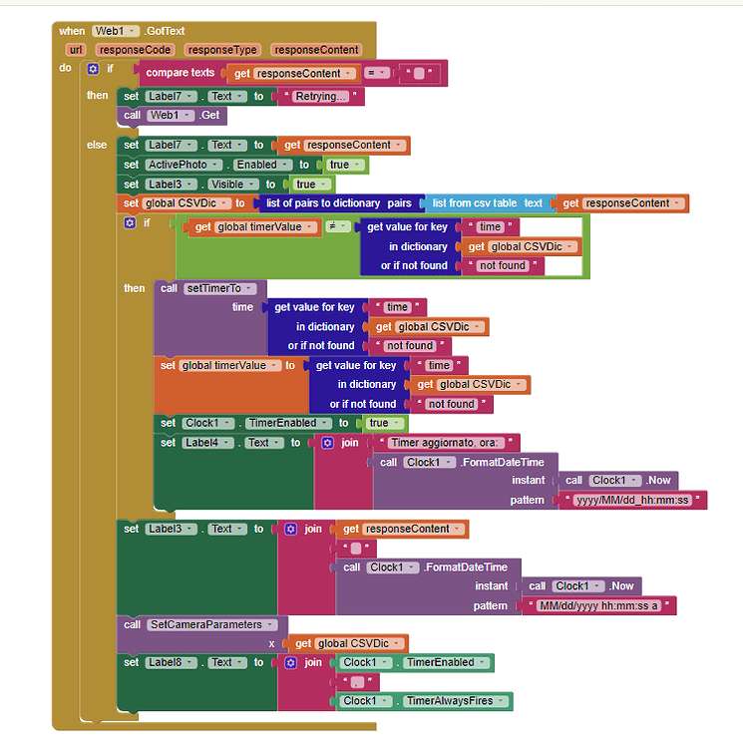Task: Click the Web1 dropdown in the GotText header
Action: [116, 31]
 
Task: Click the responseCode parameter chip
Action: [137, 49]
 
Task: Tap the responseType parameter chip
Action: [221, 49]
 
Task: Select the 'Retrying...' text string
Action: [321, 97]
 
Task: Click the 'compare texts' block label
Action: [181, 73]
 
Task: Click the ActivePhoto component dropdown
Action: [187, 165]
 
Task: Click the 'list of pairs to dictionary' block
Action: [321, 203]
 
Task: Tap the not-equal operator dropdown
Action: [336, 226]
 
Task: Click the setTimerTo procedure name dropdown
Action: [220, 288]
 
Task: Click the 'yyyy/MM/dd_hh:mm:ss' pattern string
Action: [634, 500]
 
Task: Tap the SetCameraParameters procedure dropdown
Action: [210, 624]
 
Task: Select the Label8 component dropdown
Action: [175, 662]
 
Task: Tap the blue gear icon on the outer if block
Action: [93, 69]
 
